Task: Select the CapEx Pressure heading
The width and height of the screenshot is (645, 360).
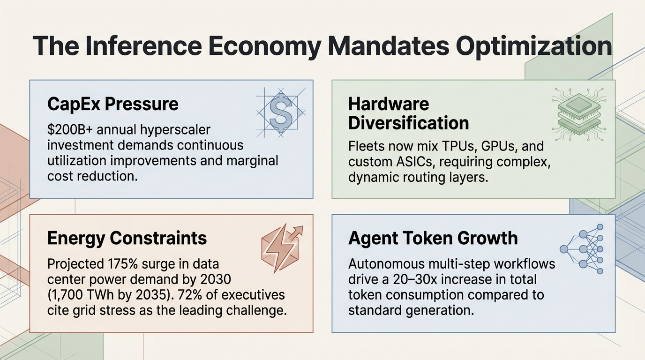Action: coord(113,104)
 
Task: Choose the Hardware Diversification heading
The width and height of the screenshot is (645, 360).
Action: coord(408,113)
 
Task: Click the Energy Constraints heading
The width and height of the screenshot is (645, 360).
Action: coord(127,238)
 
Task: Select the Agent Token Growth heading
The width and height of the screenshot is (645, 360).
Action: coord(433,238)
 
